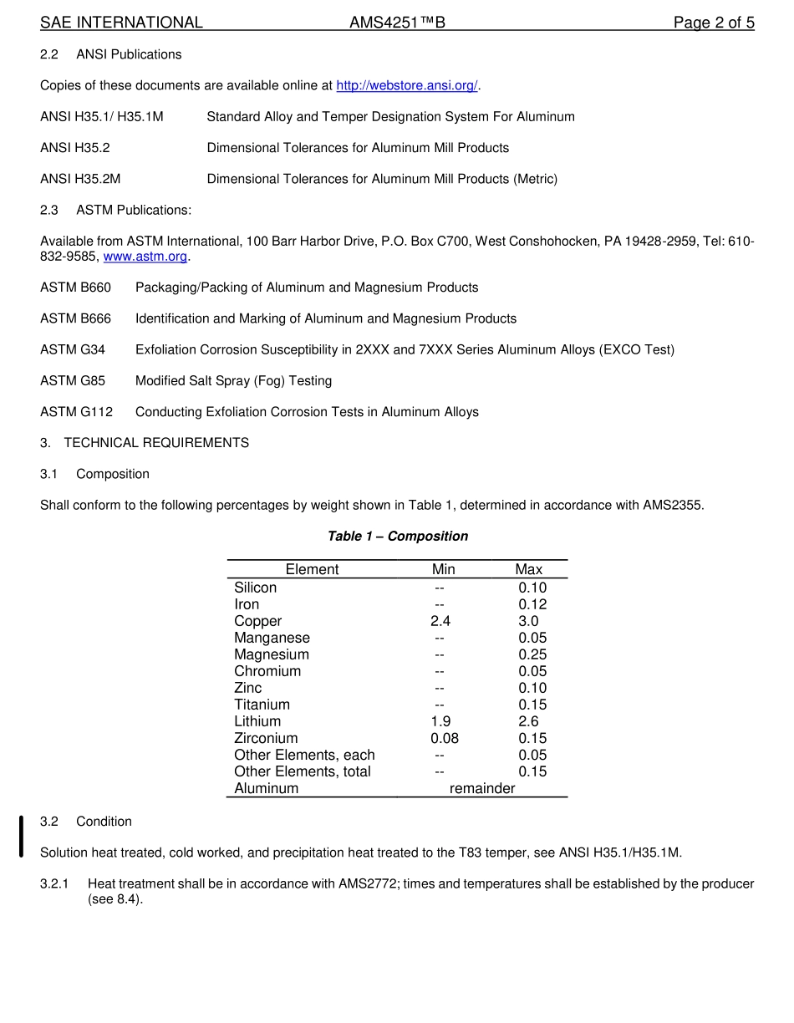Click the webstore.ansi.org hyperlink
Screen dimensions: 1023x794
(x=406, y=85)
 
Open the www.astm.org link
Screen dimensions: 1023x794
(x=145, y=257)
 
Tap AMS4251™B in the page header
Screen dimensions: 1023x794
(x=397, y=23)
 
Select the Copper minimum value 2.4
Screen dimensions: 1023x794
(x=440, y=621)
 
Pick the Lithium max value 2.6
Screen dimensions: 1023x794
(x=528, y=721)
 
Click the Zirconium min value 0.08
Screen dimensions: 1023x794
(x=444, y=738)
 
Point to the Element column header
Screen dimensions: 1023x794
(x=312, y=569)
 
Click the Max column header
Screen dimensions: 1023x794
(x=528, y=569)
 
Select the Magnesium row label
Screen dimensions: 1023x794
(x=272, y=654)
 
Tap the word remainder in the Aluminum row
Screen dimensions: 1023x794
(x=482, y=788)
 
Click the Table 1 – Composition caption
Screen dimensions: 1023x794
(x=397, y=536)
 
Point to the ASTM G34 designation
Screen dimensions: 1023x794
(x=73, y=349)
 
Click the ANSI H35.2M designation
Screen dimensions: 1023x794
(x=80, y=179)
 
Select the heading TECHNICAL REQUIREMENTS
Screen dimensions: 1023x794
(x=155, y=443)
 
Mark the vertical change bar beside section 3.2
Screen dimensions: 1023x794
(x=21, y=837)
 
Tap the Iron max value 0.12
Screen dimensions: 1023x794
(x=532, y=604)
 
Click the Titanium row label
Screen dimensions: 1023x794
(x=262, y=705)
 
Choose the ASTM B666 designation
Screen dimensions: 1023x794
(x=75, y=318)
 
